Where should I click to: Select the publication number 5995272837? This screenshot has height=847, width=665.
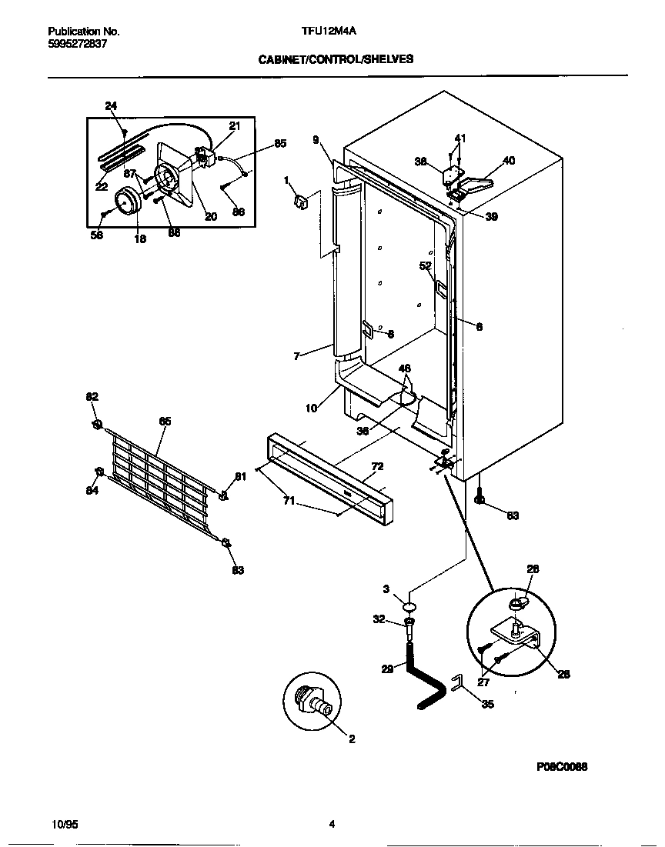click(x=77, y=44)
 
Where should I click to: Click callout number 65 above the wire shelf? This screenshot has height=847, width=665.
click(x=165, y=421)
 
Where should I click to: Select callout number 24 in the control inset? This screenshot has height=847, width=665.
click(x=111, y=105)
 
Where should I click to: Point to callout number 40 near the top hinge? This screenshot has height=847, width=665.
click(x=509, y=161)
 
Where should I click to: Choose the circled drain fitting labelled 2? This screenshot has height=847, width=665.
click(x=311, y=702)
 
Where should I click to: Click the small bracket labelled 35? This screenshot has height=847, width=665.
click(x=456, y=682)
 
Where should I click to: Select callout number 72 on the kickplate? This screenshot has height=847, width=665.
click(x=377, y=466)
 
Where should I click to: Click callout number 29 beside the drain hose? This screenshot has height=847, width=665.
click(x=386, y=669)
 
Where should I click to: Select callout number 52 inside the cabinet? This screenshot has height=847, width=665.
click(x=425, y=265)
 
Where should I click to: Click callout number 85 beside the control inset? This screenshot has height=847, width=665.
click(x=280, y=143)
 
